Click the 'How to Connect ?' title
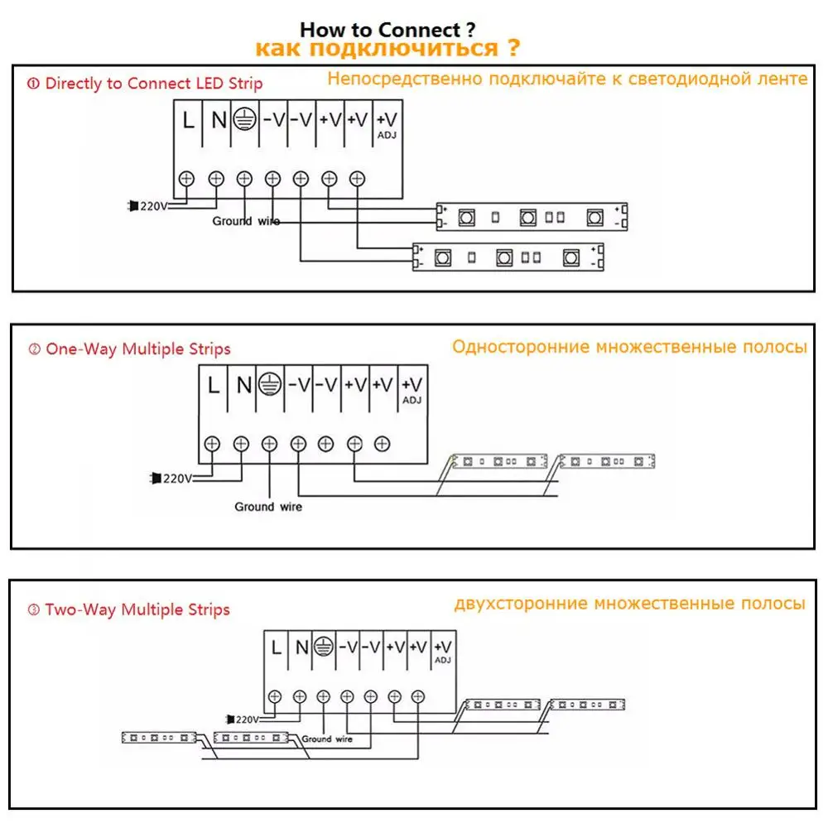388,31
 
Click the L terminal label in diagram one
189,121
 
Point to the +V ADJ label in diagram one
386,123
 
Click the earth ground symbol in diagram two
268,383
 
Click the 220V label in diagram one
152,205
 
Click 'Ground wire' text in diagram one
245,221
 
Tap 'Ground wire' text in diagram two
268,506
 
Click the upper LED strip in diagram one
532,218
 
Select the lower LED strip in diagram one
508,257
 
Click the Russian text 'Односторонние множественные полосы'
629,347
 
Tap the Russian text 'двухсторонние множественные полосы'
629,604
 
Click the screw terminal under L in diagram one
188,177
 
